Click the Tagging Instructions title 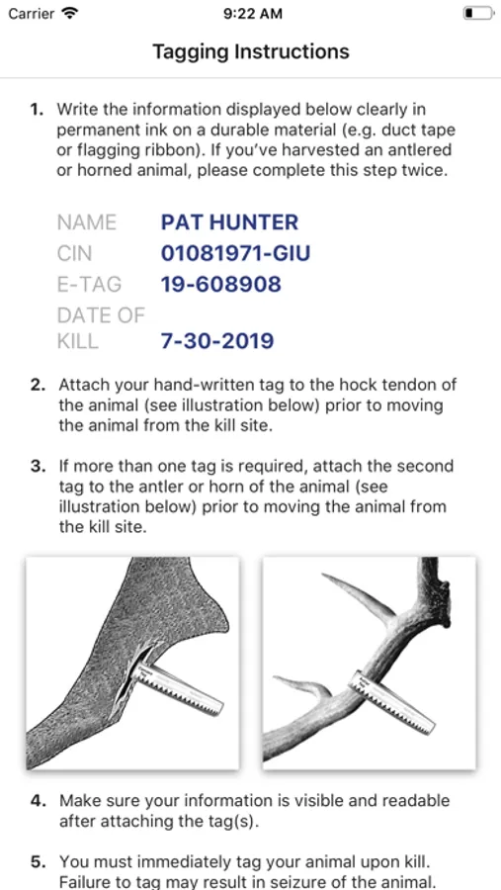pyautogui.click(x=251, y=51)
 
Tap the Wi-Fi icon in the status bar pyautogui.click(x=70, y=13)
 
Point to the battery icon pyautogui.click(x=477, y=13)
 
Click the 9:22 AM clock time pyautogui.click(x=253, y=14)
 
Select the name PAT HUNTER pyautogui.click(x=229, y=222)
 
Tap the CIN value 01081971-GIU pyautogui.click(x=235, y=252)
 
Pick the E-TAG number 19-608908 pyautogui.click(x=220, y=283)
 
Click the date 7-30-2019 pyautogui.click(x=217, y=341)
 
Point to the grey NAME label pyautogui.click(x=87, y=222)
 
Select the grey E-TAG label pyautogui.click(x=89, y=283)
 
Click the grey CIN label pyautogui.click(x=74, y=252)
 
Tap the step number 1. pyautogui.click(x=37, y=109)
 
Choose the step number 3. pyautogui.click(x=38, y=467)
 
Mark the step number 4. pyautogui.click(x=38, y=801)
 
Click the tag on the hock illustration pyautogui.click(x=178, y=687)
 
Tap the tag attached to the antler pyautogui.click(x=391, y=701)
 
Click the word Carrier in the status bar pyautogui.click(x=32, y=14)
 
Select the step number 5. pyautogui.click(x=38, y=861)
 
